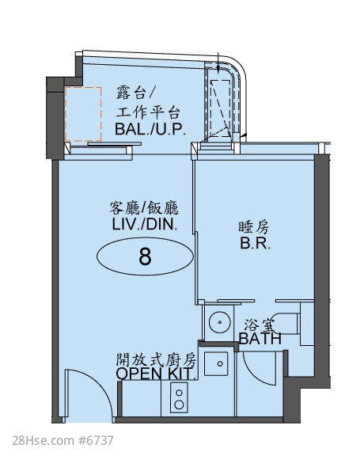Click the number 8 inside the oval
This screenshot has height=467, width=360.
(145, 256)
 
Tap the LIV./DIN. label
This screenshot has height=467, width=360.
(145, 224)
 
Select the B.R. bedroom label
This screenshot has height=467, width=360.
(256, 243)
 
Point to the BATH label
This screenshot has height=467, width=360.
(260, 339)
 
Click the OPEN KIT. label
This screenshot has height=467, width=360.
(157, 374)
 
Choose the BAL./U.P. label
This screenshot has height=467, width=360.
(150, 129)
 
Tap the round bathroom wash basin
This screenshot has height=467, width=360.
(220, 322)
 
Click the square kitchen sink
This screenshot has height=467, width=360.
(216, 363)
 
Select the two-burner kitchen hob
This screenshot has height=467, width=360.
(179, 398)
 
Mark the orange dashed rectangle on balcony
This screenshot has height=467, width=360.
(83, 114)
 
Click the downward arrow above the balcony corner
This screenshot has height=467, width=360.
(218, 63)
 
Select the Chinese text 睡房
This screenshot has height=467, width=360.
(254, 227)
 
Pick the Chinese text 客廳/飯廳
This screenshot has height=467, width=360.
(144, 207)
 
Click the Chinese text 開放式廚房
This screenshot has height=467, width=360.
(156, 360)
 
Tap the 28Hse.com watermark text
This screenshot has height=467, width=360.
(44, 440)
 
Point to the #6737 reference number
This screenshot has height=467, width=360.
(96, 440)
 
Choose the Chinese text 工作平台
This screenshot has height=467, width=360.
(148, 112)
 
